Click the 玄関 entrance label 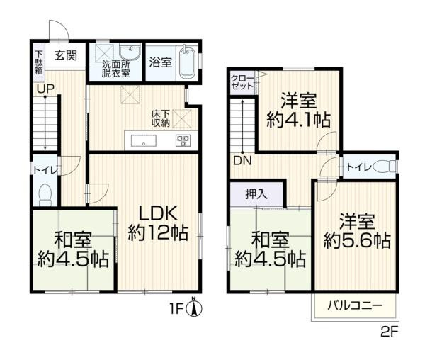coord(67,55)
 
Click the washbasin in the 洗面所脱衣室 coord(130,53)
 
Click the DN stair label coord(241,159)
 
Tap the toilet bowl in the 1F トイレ coord(45,193)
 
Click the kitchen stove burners coord(183,140)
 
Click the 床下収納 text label coord(159,118)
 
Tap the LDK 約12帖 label coord(158,222)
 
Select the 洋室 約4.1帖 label coord(298,110)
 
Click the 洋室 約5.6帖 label coord(356,230)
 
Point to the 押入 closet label coord(256,194)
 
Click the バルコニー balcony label coord(354,305)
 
